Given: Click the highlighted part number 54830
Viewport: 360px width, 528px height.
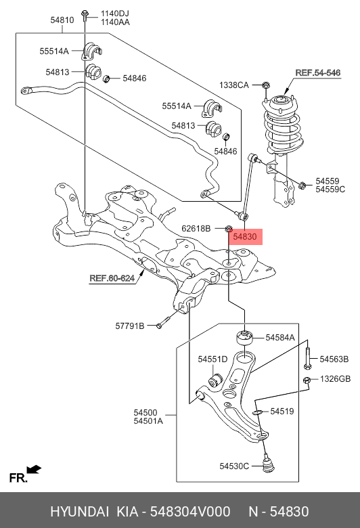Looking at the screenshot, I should click(x=244, y=237).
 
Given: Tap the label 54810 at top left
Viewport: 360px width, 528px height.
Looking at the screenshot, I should click(x=62, y=20).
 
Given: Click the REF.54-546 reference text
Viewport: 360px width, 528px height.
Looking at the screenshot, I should click(x=317, y=71).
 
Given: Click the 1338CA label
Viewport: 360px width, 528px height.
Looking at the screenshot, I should click(x=233, y=85).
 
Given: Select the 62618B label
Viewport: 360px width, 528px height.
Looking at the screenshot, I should click(x=196, y=228).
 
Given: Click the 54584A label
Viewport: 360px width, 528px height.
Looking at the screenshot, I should click(x=279, y=336).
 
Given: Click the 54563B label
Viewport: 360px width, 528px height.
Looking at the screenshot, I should click(x=334, y=359).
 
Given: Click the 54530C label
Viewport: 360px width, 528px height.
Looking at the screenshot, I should click(x=235, y=465).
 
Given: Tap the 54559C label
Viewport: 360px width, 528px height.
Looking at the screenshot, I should click(x=330, y=190).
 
